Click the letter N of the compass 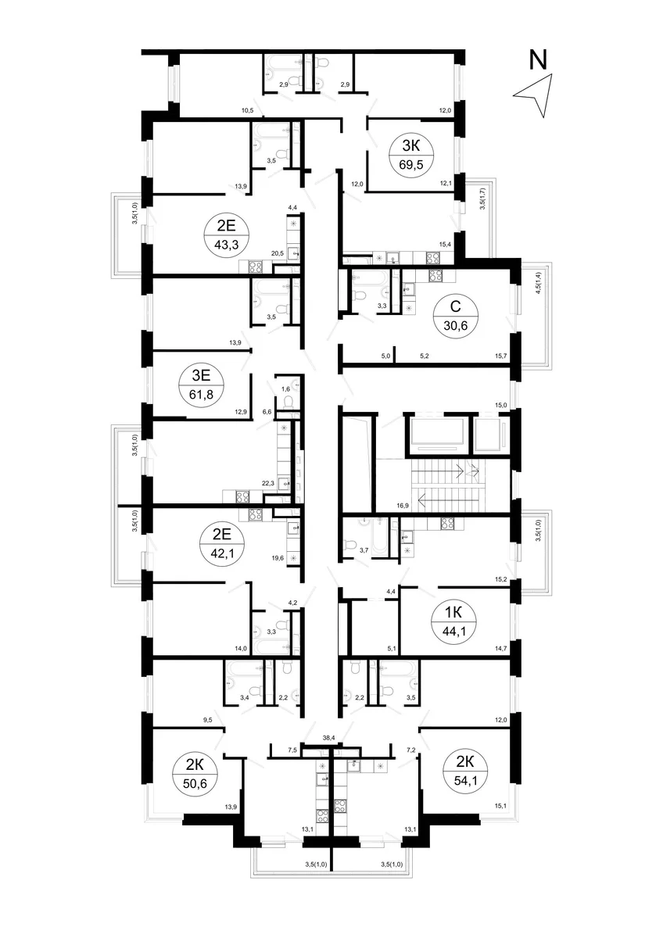pyautogui.click(x=538, y=60)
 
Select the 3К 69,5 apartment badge pyautogui.click(x=411, y=156)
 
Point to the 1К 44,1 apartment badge pyautogui.click(x=453, y=621)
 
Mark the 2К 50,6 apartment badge pyautogui.click(x=195, y=773)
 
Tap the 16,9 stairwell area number pyautogui.click(x=402, y=506)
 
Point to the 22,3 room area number pyautogui.click(x=267, y=483)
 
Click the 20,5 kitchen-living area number pyautogui.click(x=278, y=253)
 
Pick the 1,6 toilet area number pyautogui.click(x=285, y=389)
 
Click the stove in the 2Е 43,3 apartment pyautogui.click(x=256, y=267)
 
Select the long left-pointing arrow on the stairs pyautogui.click(x=448, y=499)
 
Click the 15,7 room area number pyautogui.click(x=500, y=356)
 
